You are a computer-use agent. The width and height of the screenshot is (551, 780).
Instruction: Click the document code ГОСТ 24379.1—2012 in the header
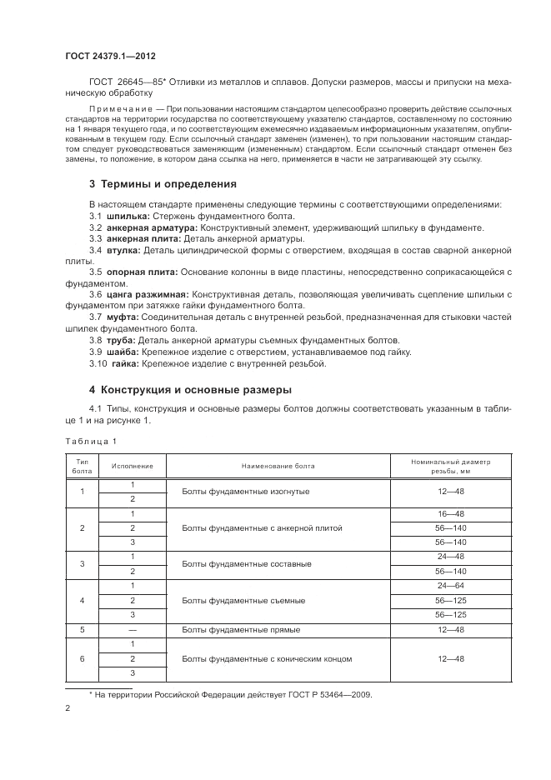(111, 56)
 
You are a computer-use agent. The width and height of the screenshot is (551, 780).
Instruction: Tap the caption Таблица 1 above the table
(91, 441)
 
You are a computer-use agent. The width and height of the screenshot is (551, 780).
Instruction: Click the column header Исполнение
(133, 465)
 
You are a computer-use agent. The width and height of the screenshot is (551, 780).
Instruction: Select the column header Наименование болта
(278, 465)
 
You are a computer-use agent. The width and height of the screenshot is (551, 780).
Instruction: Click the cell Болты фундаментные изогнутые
(245, 492)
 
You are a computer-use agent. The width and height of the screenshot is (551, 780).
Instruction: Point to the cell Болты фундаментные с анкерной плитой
(262, 528)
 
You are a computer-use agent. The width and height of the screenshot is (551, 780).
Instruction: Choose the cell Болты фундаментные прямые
(241, 629)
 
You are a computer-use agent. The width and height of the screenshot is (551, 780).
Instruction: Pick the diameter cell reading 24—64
(450, 587)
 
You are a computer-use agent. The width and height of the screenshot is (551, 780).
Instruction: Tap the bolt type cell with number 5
(82, 629)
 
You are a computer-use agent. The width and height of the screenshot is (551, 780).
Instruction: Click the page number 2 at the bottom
(68, 708)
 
